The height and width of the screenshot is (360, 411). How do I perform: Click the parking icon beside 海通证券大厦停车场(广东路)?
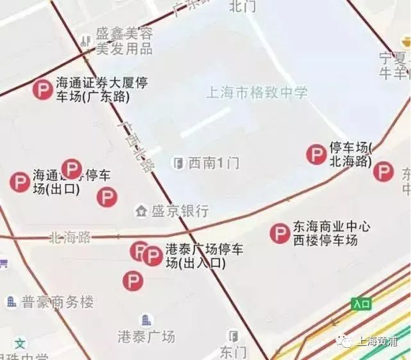42,90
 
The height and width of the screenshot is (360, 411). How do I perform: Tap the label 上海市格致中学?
256,92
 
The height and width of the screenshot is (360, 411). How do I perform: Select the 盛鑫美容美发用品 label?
124,41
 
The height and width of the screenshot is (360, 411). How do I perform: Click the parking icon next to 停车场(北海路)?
316,154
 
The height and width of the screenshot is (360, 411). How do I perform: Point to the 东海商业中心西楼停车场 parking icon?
280,233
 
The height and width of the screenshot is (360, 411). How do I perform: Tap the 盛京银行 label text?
179,212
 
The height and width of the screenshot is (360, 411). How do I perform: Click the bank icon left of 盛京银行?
141,212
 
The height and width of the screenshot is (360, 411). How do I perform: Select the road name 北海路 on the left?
70,238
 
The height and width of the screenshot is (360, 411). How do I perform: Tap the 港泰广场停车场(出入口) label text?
204,256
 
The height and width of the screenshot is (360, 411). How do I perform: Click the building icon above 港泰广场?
146,319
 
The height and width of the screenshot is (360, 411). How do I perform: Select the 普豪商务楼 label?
57,302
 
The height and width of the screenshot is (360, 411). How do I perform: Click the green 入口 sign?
361,304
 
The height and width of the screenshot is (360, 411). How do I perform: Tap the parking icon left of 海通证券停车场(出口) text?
20,182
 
